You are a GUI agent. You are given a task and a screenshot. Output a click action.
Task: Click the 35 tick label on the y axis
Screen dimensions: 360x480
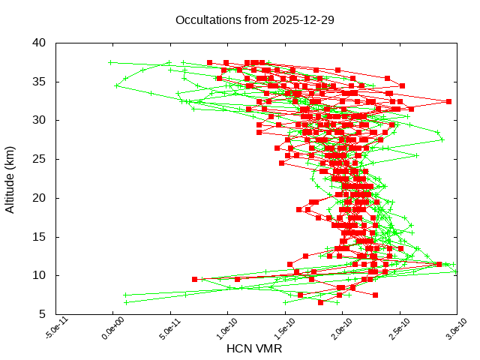tap(40, 81)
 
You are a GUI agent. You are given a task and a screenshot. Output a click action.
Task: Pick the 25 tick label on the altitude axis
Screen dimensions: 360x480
tap(40, 159)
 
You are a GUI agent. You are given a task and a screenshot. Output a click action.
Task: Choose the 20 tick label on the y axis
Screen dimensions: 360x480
tap(40, 198)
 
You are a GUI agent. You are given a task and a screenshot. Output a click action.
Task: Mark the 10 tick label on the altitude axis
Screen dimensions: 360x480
tap(40, 275)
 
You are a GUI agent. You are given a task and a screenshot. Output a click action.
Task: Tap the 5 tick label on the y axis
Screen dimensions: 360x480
tap(43, 314)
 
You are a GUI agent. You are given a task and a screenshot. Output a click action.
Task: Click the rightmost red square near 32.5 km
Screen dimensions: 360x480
tap(448, 101)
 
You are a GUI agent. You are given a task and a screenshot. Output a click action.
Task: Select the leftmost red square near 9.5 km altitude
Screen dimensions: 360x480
tap(195, 279)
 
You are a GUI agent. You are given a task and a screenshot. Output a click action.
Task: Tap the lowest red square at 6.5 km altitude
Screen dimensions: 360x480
tap(321, 302)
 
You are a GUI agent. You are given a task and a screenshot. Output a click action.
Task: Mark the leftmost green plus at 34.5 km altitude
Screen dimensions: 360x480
tap(116, 85)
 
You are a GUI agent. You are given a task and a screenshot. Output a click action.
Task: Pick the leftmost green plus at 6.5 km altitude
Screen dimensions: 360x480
tap(126, 302)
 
